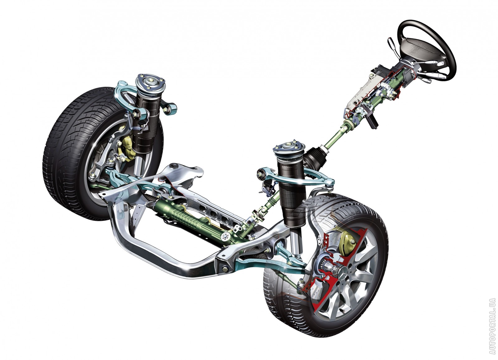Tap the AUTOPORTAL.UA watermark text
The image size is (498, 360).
(x=492, y=329)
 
